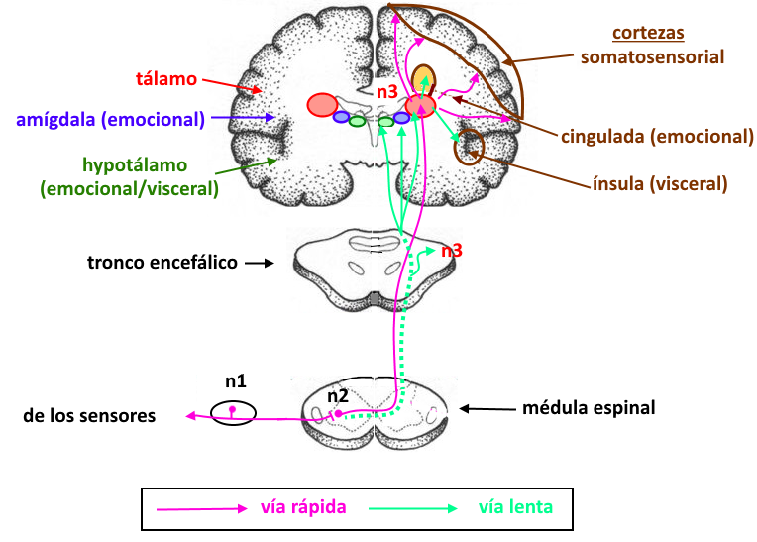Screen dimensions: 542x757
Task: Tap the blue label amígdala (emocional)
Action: (x=111, y=120)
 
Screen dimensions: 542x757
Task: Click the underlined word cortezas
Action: (x=648, y=34)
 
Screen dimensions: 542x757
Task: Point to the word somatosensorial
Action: (x=652, y=56)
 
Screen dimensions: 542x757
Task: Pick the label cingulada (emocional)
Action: (x=657, y=136)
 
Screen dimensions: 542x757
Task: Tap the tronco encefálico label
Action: (x=162, y=263)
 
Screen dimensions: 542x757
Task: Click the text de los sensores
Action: (x=89, y=416)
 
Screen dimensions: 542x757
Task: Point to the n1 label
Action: (x=235, y=380)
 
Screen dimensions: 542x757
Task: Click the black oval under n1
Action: (x=233, y=411)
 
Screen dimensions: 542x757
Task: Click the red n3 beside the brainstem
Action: (x=452, y=251)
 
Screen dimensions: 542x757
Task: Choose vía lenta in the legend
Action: (x=515, y=507)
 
